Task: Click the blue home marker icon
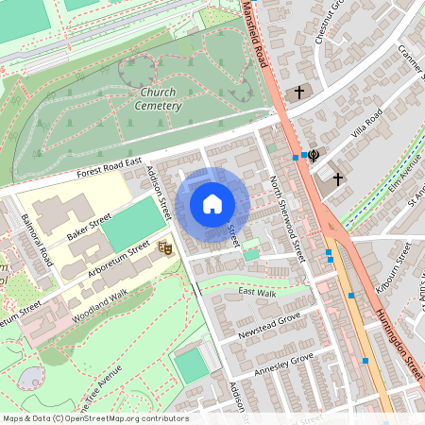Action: [x=212, y=204]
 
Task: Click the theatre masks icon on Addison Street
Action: [x=165, y=247]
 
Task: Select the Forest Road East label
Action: [x=109, y=170]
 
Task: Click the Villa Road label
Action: [x=366, y=123]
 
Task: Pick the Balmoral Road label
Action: [x=35, y=240]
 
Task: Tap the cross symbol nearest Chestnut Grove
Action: [x=300, y=93]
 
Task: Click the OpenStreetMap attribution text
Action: [x=94, y=417]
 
